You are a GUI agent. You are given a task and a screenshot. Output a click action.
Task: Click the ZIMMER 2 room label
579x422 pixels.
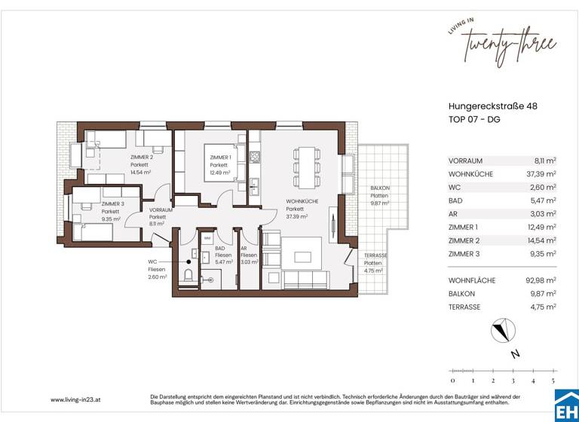[x=141, y=157]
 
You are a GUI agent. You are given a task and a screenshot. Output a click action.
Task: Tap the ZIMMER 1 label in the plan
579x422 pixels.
[x=220, y=157]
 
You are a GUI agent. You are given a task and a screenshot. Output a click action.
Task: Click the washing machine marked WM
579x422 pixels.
[x=207, y=238]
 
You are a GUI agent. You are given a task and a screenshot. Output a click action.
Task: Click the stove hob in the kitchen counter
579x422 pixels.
[x=255, y=157]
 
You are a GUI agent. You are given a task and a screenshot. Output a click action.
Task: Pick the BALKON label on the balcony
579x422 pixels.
[x=378, y=188]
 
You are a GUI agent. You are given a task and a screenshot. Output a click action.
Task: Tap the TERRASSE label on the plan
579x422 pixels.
[x=375, y=255]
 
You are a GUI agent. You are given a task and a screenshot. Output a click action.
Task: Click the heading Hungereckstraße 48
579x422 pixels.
[x=492, y=107]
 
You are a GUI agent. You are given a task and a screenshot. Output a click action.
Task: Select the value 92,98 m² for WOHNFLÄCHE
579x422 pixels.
[x=540, y=280]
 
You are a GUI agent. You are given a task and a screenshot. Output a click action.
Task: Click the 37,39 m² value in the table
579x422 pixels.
[x=540, y=174]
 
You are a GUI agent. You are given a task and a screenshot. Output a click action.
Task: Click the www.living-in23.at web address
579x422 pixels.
[x=77, y=399]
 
